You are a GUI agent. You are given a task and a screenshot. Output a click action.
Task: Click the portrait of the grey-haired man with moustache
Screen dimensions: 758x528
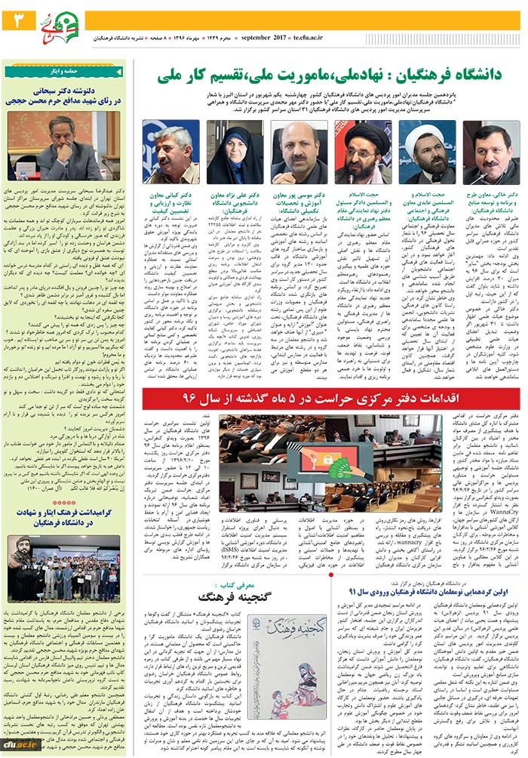[x=171, y=152]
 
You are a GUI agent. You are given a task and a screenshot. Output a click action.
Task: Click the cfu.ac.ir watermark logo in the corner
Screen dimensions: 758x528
[x=19, y=744]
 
